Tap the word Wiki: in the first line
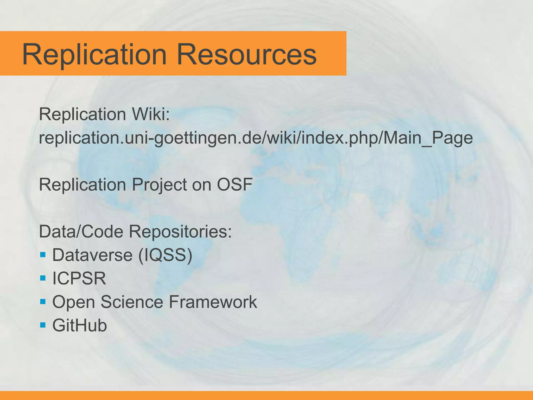pyautogui.click(x=151, y=114)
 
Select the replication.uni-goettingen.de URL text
pyautogui.click(x=256, y=138)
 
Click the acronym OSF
pyautogui.click(x=234, y=185)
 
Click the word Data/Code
pyautogui.click(x=81, y=232)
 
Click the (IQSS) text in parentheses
pyautogui.click(x=166, y=255)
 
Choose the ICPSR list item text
pyautogui.click(x=79, y=278)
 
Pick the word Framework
pyautogui.click(x=213, y=302)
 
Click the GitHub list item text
pyautogui.click(x=80, y=326)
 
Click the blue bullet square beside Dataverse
pyautogui.click(x=43, y=254)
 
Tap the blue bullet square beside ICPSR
pyautogui.click(x=43, y=278)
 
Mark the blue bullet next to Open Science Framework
pyautogui.click(x=43, y=302)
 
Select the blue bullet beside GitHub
pyautogui.click(x=43, y=325)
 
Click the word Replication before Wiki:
pyautogui.click(x=83, y=114)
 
